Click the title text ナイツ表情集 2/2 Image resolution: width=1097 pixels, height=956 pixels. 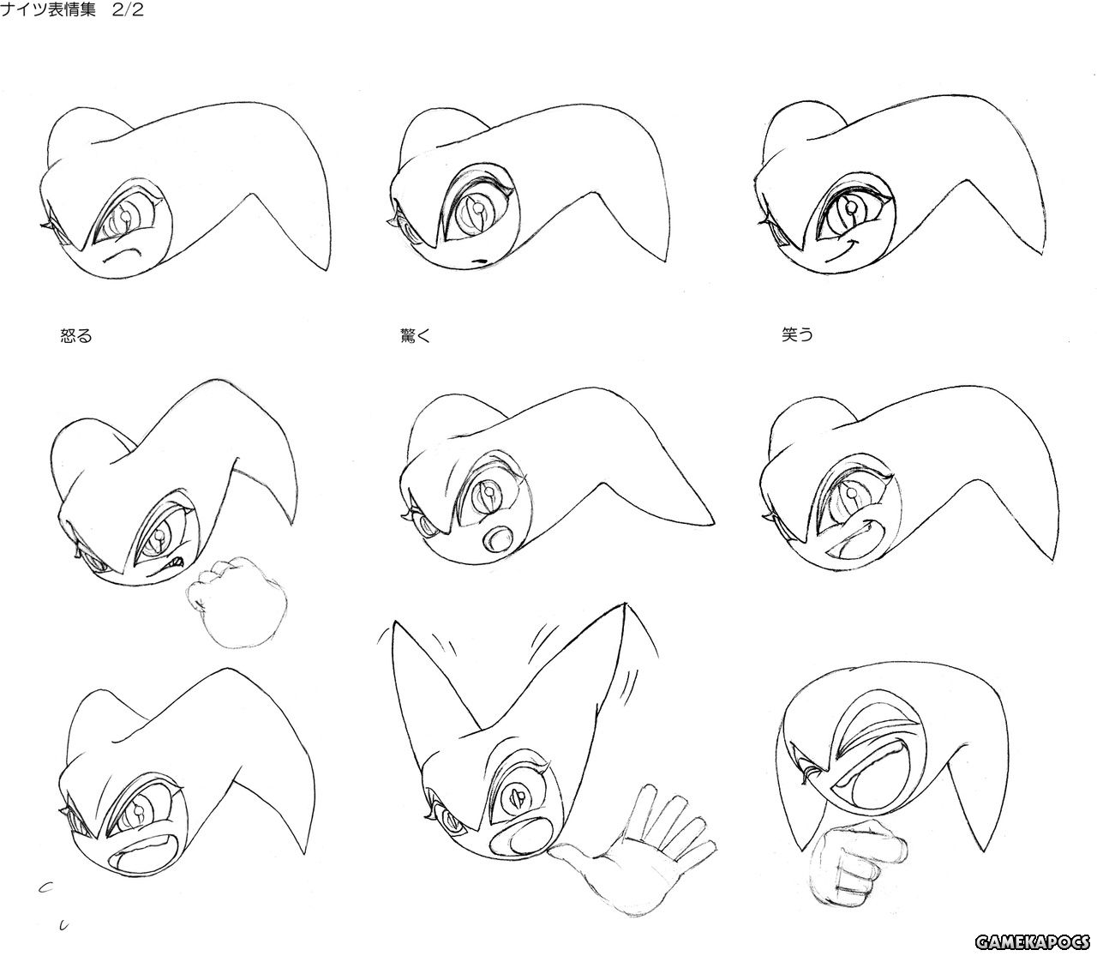tap(72, 9)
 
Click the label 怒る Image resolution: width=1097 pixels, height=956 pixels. tap(76, 336)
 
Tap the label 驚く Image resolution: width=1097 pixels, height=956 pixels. tap(415, 336)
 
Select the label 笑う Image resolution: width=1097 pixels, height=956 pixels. tap(797, 335)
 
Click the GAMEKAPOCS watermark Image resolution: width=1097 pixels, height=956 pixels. tap(1032, 942)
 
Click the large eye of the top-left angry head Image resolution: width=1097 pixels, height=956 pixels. tap(127, 214)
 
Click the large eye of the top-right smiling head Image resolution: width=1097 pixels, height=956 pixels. tap(853, 210)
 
